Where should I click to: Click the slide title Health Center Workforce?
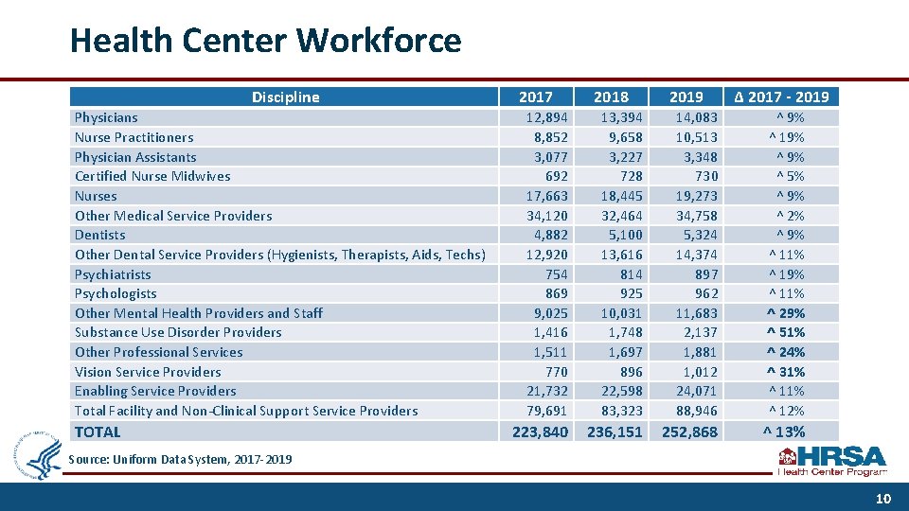265,41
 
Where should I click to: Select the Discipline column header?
285,97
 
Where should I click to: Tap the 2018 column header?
611,97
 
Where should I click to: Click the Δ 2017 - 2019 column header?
781,97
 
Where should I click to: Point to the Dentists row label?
99,235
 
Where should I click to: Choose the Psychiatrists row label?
113,274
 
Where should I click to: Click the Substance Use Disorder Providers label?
178,332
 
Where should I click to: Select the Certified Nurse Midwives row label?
152,176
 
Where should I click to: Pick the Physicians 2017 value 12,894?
546,117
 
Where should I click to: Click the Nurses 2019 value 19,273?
696,196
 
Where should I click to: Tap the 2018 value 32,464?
621,216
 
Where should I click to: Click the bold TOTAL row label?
98,432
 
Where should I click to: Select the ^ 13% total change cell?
784,432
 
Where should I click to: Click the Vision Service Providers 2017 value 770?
555,372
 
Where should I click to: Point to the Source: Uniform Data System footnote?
180,459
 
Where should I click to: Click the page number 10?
882,497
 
